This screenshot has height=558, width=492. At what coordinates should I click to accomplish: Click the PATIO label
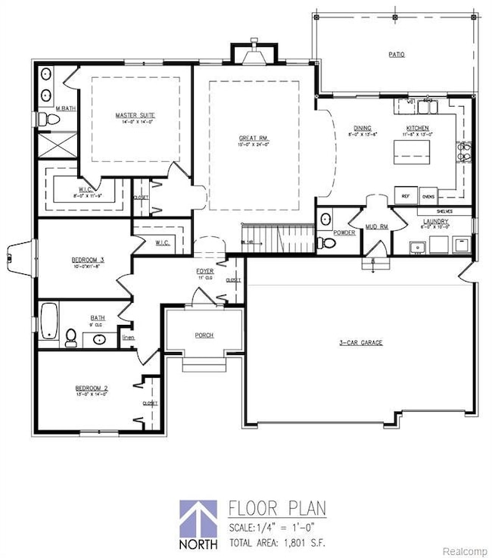pos(397,55)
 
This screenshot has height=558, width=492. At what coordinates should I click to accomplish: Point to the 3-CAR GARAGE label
pos(360,343)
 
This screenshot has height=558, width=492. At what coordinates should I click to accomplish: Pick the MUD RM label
pos(375,226)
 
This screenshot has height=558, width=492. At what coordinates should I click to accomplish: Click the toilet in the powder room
pos(324,242)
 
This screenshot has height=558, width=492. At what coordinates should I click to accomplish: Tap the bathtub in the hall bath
pos(50,321)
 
